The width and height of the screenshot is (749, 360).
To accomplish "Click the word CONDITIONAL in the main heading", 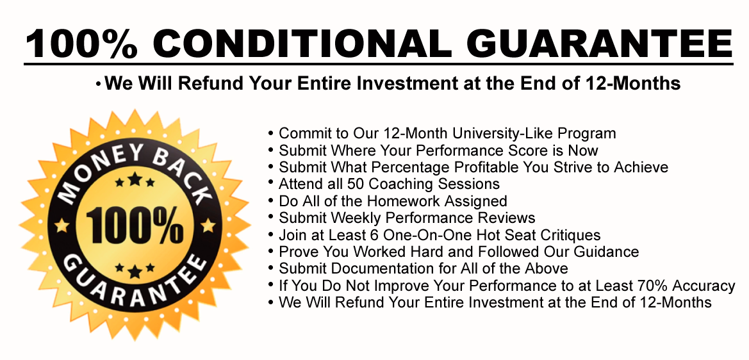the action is (x=302, y=43).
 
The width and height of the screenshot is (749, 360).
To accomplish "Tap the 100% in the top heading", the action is (x=81, y=43).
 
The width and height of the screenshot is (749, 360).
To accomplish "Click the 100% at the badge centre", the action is (x=134, y=224).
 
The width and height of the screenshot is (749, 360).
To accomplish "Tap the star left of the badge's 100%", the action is (x=62, y=225).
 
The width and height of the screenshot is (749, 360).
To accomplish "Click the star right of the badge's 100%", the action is (x=208, y=225).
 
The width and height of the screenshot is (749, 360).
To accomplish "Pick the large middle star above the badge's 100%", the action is (x=135, y=179).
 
